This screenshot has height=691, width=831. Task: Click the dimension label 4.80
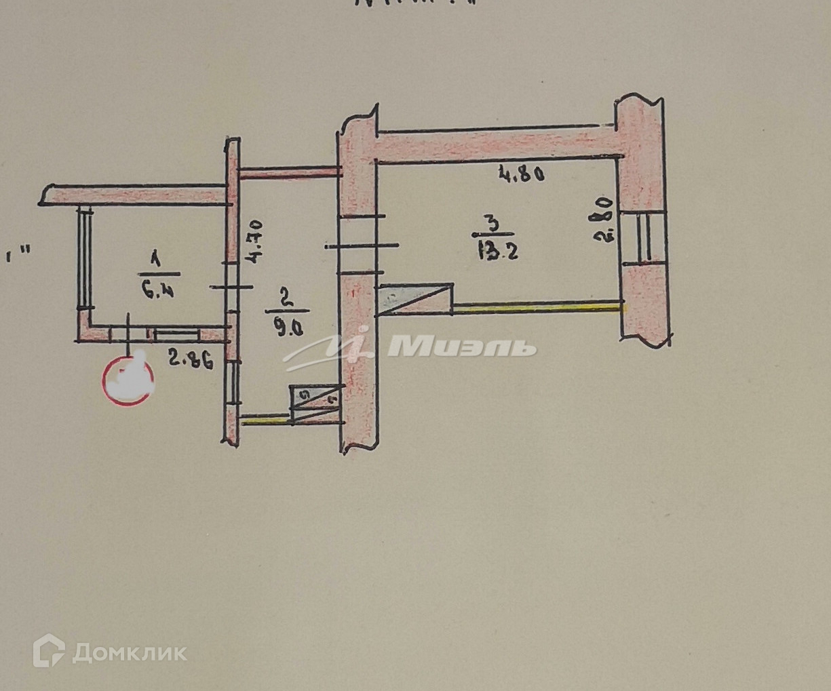(x=522, y=175)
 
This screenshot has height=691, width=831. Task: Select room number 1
(x=155, y=258)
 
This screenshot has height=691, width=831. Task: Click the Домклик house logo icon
(x=49, y=650)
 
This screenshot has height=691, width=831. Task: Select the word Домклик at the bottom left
(x=129, y=652)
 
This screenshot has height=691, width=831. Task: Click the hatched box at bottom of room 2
(x=316, y=403)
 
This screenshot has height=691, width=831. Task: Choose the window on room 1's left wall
(x=86, y=257)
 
